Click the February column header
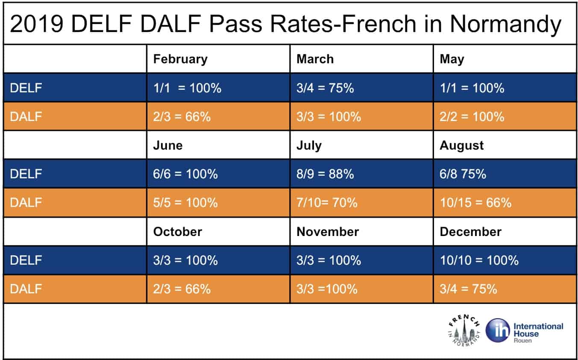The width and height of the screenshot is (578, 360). [180, 59]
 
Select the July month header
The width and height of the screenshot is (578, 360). [308, 145]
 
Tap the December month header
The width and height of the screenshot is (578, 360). [470, 232]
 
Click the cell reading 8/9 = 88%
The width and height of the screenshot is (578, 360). [325, 174]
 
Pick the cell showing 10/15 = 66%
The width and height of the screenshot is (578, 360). [475, 203]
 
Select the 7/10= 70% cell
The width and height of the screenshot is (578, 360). [327, 203]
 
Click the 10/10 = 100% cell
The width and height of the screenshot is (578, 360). [479, 260]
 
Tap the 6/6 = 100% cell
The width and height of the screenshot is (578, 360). [185, 174]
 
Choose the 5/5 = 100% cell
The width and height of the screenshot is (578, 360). [185, 203]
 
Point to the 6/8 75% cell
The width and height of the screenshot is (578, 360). [463, 174]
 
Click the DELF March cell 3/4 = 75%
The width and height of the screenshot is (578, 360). [325, 88]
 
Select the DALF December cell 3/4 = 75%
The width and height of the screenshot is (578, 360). [468, 289]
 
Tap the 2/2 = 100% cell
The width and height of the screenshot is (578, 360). [472, 117]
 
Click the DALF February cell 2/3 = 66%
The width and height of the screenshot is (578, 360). [182, 117]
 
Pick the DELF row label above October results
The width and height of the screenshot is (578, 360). [26, 260]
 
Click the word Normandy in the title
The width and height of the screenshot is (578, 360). [505, 24]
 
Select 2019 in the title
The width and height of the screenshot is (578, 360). [37, 24]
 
